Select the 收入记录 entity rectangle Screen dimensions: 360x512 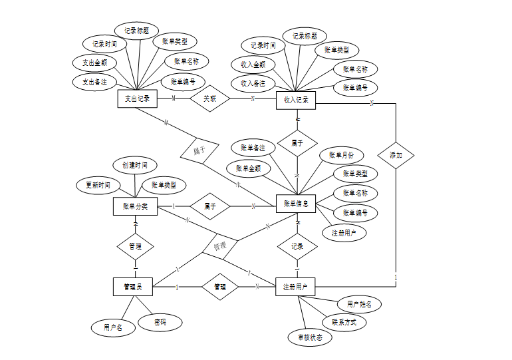pos(295,100)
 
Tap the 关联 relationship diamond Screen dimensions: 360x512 pos(209,99)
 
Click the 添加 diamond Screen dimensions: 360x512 pos(396,154)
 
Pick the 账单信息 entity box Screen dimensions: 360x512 pos(295,204)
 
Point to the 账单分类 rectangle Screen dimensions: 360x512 pos(135,206)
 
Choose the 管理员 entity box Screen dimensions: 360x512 pos(133,287)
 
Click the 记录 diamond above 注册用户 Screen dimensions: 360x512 pos(297,246)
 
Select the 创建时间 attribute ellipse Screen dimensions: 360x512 pos(135,164)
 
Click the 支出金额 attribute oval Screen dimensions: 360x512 pos(95,63)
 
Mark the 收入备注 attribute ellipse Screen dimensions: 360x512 pos(253,84)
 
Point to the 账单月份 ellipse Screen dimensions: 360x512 pos(342,155)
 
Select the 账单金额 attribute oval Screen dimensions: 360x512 pos(249,168)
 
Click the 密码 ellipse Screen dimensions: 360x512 pos(160,323)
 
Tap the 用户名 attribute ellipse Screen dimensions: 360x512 pos(113,327)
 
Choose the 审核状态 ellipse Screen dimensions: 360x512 pos(310,337)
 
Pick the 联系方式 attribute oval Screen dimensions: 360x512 pos(344,322)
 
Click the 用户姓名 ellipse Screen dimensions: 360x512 pos(360,304)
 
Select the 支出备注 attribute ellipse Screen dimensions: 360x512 pos(94,82)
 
